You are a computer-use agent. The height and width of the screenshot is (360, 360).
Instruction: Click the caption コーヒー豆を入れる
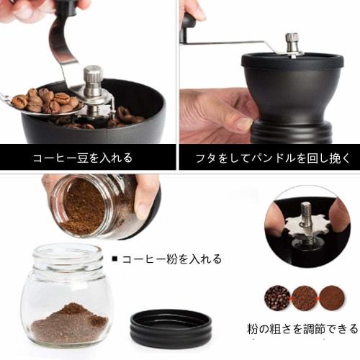click(82, 156)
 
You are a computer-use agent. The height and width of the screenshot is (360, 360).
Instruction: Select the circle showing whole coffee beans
click(277, 297)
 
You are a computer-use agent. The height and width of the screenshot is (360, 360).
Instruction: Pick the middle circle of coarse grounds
click(304, 297)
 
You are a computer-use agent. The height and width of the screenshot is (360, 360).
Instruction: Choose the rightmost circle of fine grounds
click(331, 297)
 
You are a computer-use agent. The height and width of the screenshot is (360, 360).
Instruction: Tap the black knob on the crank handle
click(189, 20)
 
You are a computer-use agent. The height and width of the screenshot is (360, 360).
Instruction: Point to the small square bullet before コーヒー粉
click(115, 258)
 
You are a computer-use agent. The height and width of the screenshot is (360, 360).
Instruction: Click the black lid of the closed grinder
click(291, 62)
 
